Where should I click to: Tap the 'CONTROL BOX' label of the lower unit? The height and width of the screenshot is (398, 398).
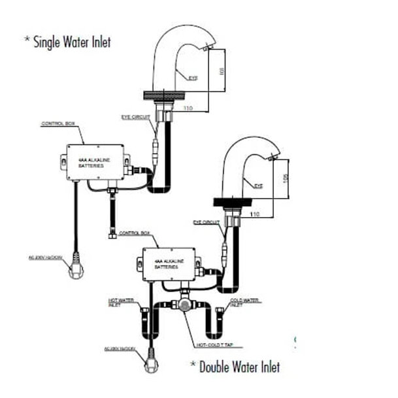pyautogui.click(x=136, y=233)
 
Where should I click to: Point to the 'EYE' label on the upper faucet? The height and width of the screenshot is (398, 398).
pyautogui.click(x=193, y=78)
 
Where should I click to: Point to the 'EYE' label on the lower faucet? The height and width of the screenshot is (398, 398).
pyautogui.click(x=258, y=186)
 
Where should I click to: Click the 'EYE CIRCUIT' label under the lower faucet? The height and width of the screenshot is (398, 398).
pyautogui.click(x=207, y=222)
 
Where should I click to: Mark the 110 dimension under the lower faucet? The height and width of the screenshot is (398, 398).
pyautogui.click(x=255, y=213)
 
